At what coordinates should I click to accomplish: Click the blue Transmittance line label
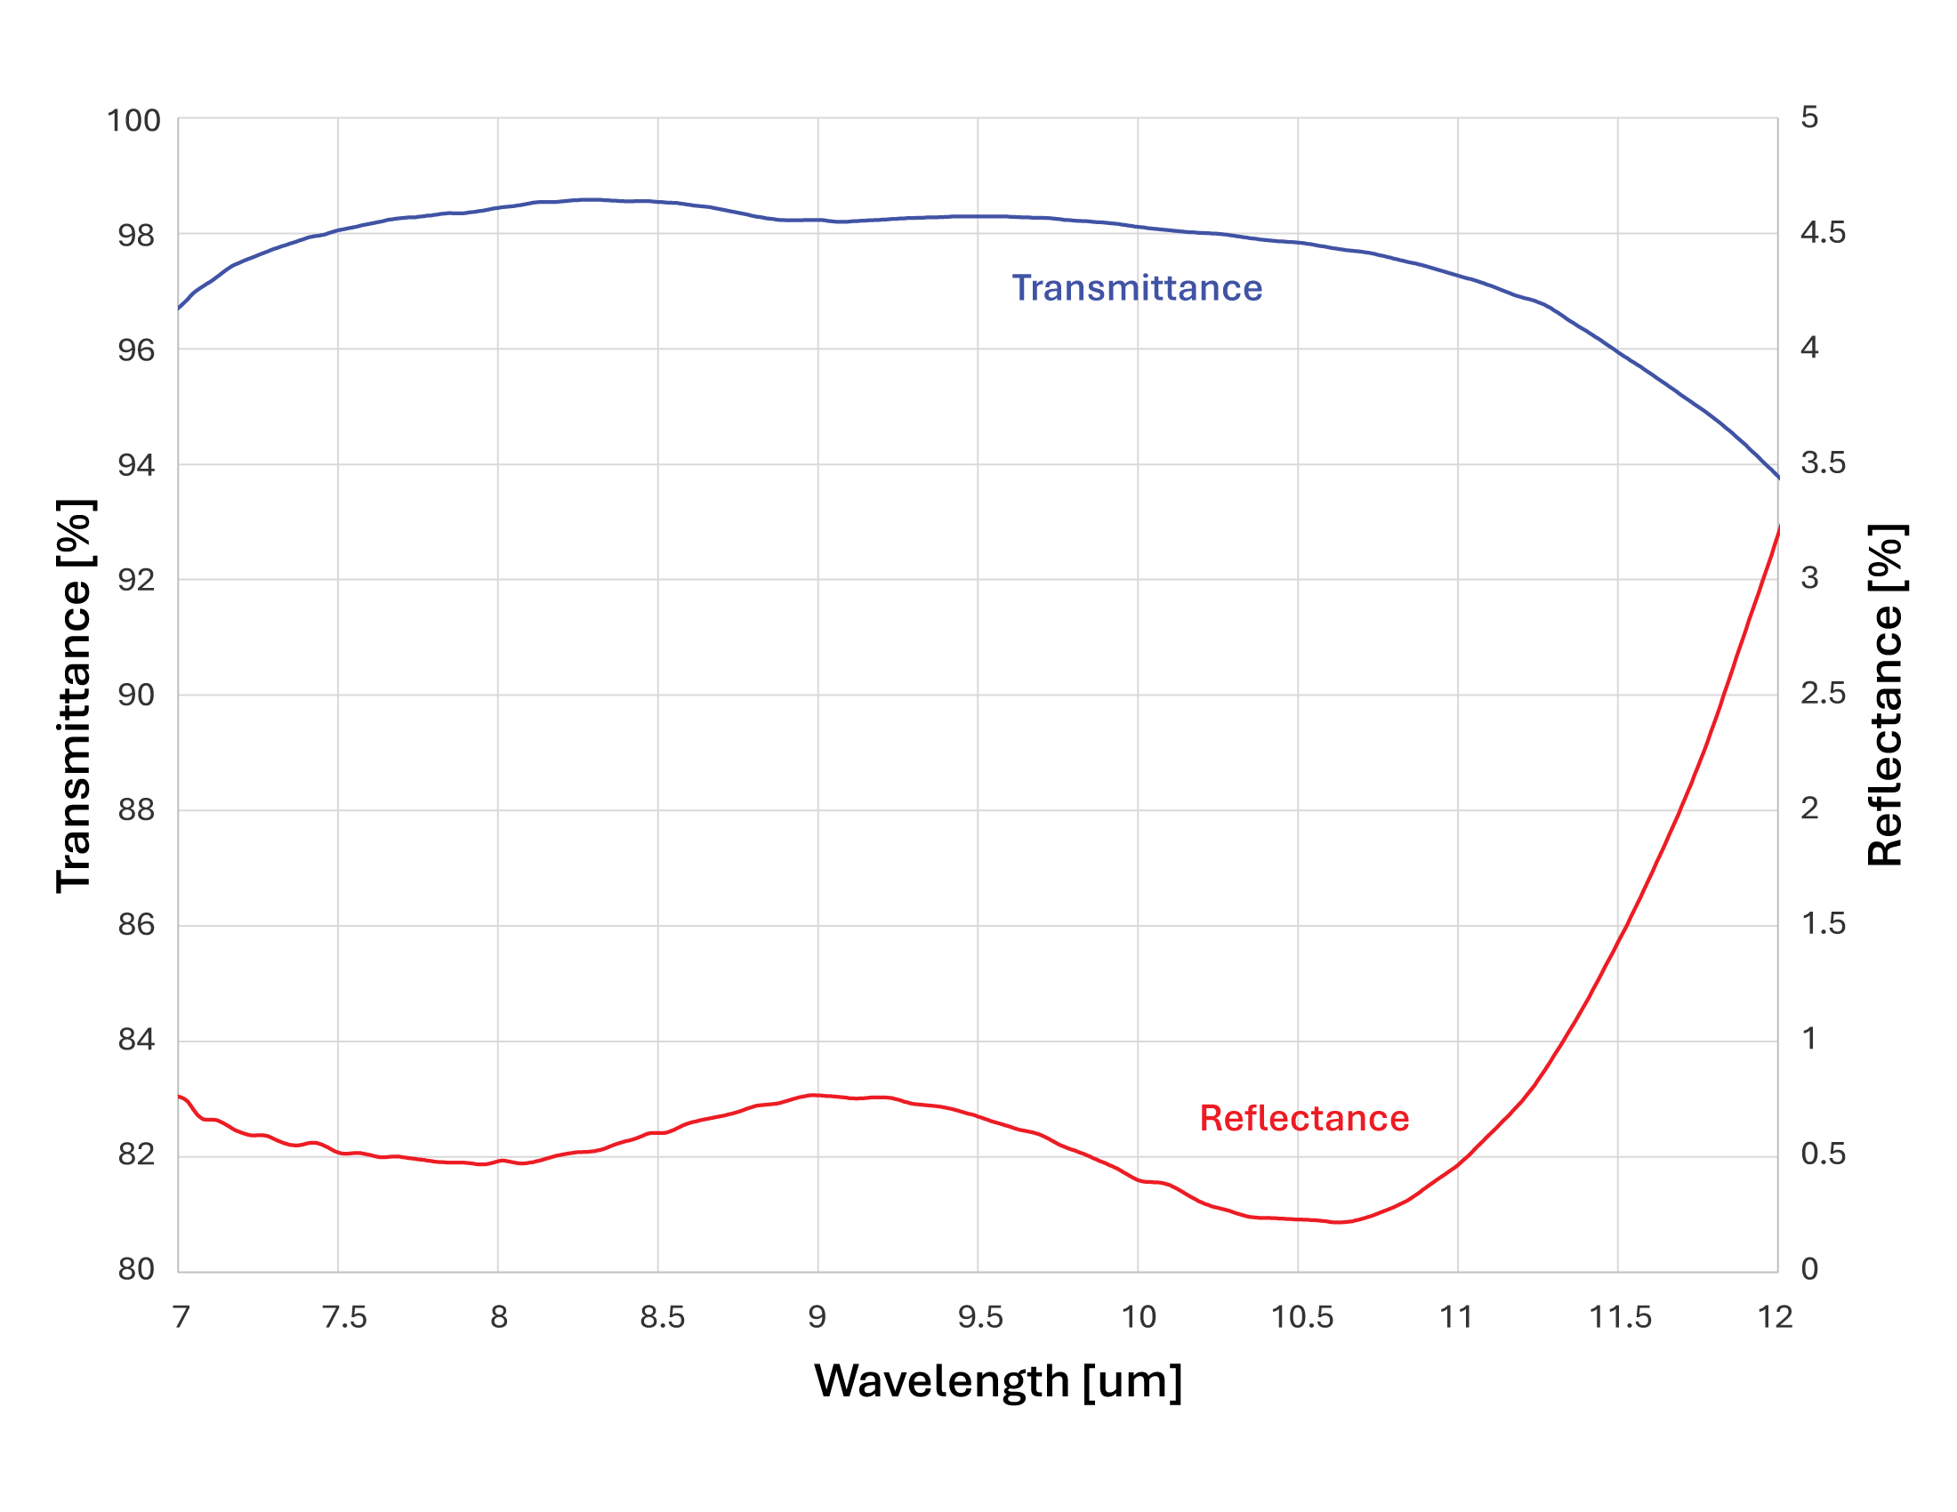pyautogui.click(x=1136, y=288)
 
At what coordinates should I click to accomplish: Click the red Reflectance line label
pyautogui.click(x=1304, y=1119)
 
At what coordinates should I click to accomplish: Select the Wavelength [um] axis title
pyautogui.click(x=997, y=1381)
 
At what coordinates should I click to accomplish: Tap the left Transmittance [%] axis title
pyautogui.click(x=76, y=696)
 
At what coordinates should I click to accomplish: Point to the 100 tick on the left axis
pyautogui.click(x=133, y=121)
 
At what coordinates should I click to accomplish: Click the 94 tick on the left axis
pyautogui.click(x=136, y=465)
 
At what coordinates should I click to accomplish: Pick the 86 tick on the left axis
pyautogui.click(x=136, y=924)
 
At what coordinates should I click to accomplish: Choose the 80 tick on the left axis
pyautogui.click(x=136, y=1269)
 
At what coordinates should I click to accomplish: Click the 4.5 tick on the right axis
pyautogui.click(x=1823, y=233)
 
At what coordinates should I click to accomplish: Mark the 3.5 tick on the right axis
pyautogui.click(x=1823, y=463)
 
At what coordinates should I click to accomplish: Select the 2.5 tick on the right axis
pyautogui.click(x=1823, y=694)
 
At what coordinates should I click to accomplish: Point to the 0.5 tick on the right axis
pyautogui.click(x=1823, y=1154)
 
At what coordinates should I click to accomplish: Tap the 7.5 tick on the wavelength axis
pyautogui.click(x=344, y=1317)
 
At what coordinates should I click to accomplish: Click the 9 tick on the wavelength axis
pyautogui.click(x=817, y=1317)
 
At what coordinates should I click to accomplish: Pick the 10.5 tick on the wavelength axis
pyautogui.click(x=1302, y=1317)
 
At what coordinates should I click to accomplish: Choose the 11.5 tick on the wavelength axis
pyautogui.click(x=1620, y=1317)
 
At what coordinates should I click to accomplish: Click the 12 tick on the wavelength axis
pyautogui.click(x=1776, y=1317)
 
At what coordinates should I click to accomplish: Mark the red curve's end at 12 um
pyautogui.click(x=1778, y=527)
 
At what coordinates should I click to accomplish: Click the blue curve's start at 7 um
pyautogui.click(x=179, y=308)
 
